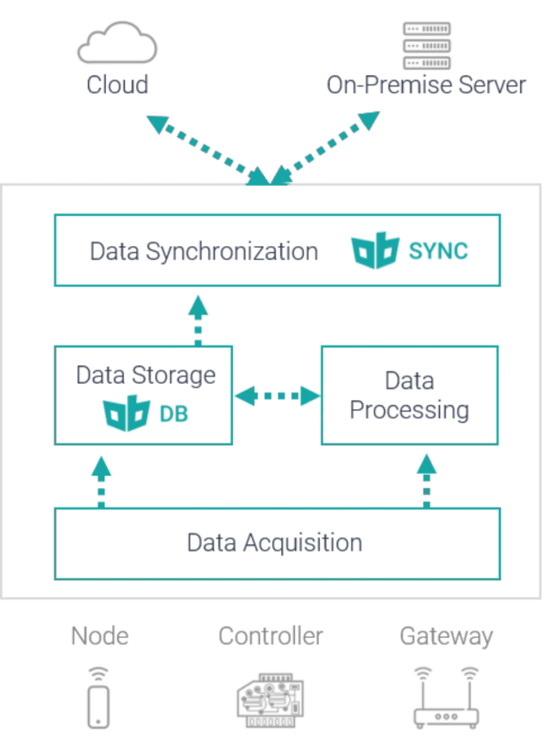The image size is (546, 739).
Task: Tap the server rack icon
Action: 426,45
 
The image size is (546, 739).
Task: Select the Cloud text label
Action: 117,84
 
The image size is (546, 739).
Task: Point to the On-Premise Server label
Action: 426,84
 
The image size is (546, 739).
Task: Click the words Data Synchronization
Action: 204,251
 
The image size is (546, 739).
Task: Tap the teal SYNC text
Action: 438,250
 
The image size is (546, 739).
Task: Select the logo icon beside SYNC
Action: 375,249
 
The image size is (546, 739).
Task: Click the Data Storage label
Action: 146,375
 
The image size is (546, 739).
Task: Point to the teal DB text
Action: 173,416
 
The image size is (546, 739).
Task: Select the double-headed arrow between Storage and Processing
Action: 277,395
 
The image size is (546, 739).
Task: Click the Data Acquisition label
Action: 274,542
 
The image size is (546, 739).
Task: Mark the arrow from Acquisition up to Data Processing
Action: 427,479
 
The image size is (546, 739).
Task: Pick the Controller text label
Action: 271,637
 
